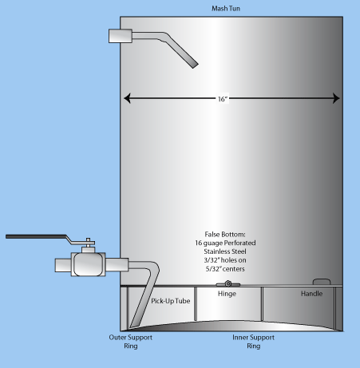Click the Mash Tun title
coord(226,9)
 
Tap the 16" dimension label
coord(223,99)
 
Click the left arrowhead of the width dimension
coord(127,98)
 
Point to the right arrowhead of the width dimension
coord(336,98)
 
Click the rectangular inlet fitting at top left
coord(121,36)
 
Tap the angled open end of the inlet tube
coord(196,65)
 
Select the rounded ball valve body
coord(88,264)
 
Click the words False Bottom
coord(225,235)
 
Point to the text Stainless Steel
coord(225,251)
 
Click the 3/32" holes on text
coord(225,260)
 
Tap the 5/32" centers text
coord(225,269)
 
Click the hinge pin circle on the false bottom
coord(227,283)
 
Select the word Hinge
coord(227,294)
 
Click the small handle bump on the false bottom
coord(322,282)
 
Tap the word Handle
coord(311,294)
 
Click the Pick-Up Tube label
coord(171,301)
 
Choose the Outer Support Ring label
coord(131,342)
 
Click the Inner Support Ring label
coord(253,342)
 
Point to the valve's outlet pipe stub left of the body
coord(63,265)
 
